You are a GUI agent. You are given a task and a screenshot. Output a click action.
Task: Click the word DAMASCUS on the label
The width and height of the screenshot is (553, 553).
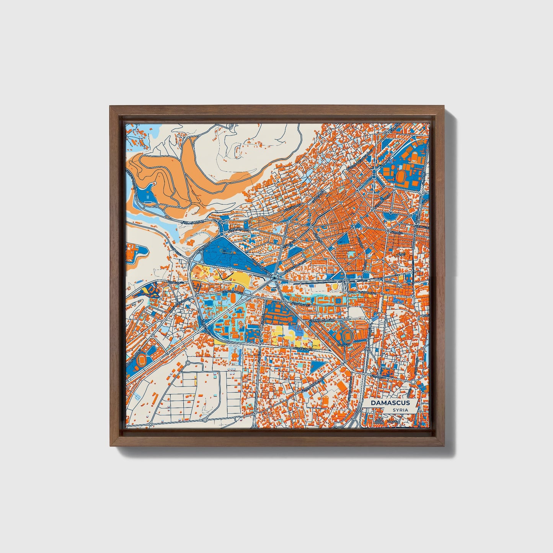point(390,403)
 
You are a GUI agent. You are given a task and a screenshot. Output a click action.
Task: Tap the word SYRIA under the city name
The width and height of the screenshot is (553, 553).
point(400,410)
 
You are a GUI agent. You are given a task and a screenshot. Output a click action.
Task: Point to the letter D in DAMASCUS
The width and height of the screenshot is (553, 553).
point(372,403)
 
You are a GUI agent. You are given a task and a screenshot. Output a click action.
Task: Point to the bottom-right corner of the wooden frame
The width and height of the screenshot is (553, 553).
point(444,445)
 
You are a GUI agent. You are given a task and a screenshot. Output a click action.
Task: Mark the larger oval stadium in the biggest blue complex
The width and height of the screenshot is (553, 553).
point(401,176)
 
